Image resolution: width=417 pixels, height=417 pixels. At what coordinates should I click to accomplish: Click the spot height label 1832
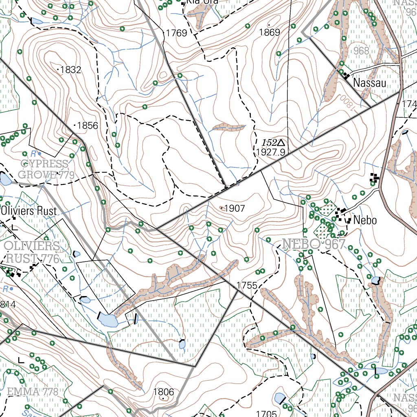tap(70, 70)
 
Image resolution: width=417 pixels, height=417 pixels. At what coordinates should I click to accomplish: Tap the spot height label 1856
tap(88, 125)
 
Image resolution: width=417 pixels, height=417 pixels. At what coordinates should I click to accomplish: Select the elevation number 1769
tap(176, 33)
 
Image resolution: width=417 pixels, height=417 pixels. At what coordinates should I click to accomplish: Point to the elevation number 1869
tap(270, 33)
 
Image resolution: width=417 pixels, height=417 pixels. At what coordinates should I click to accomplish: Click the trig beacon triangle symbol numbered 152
tap(281, 143)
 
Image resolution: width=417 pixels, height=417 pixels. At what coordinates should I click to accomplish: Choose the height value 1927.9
tap(270, 152)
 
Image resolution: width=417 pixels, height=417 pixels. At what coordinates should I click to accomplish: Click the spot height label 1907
tap(235, 208)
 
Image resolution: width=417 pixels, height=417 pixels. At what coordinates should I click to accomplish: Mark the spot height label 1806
tap(163, 392)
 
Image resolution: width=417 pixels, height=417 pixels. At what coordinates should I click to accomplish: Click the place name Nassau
tap(370, 83)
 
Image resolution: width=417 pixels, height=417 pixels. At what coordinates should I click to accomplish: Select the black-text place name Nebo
tap(365, 221)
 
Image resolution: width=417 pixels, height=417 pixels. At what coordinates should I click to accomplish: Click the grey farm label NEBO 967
tap(314, 244)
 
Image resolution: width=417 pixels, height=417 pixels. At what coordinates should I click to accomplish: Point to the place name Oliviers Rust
tap(29, 211)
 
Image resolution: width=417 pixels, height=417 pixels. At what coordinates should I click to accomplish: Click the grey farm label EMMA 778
tap(32, 392)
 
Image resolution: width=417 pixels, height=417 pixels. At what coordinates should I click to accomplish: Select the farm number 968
tap(361, 51)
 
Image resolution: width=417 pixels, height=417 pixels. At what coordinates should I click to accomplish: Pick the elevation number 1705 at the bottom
tap(267, 413)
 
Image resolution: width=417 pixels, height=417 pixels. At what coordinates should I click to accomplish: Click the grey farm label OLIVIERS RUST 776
tap(32, 252)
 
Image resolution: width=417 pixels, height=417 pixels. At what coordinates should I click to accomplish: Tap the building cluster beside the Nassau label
tap(346, 75)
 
